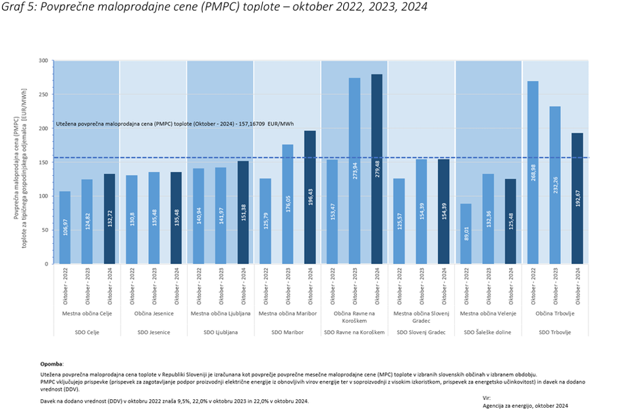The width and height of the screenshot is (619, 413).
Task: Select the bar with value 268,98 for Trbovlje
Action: point(533,173)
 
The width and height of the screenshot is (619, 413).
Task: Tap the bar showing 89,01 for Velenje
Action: point(466,234)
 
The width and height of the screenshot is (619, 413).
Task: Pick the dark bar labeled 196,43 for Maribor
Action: point(309,198)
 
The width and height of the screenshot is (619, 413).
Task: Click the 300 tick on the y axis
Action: point(43,61)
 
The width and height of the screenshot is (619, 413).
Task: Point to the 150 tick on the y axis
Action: point(43,162)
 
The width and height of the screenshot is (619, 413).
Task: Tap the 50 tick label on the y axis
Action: point(45,230)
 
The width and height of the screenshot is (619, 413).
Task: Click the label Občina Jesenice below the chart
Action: point(153,313)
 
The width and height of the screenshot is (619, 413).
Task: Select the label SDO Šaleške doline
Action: point(488,333)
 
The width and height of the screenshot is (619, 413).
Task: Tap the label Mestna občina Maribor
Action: point(287,313)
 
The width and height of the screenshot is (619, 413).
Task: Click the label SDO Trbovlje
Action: point(554,333)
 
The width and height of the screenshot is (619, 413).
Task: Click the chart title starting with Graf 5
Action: point(213,7)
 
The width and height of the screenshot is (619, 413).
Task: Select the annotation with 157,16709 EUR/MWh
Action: point(175,123)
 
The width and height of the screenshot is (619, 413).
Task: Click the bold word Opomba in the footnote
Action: point(52,363)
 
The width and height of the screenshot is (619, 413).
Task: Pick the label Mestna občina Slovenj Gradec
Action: point(421,317)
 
